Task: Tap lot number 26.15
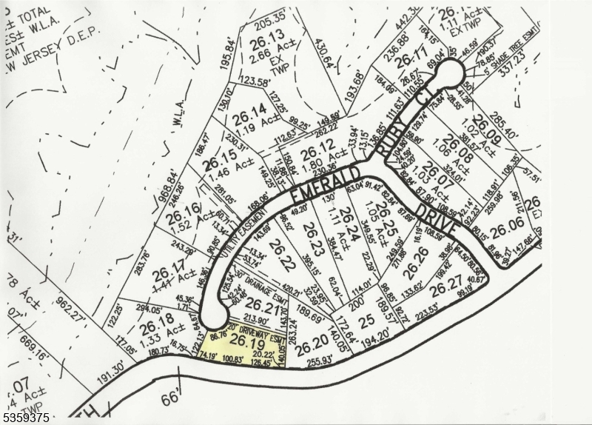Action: coord(220,158)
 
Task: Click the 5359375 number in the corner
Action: coord(27,418)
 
